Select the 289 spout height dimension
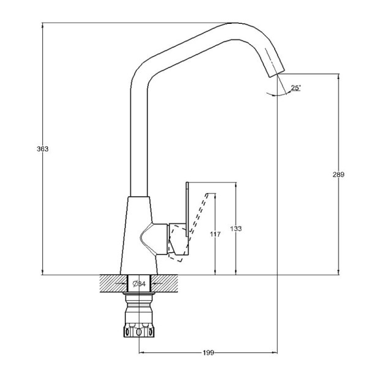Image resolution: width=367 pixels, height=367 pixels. point(338,174)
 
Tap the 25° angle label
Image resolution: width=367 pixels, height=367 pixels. point(295,88)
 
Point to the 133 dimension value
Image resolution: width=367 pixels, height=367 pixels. point(236,229)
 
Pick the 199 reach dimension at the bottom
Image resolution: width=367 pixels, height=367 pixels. point(208,353)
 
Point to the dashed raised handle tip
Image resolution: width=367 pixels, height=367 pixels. point(213,195)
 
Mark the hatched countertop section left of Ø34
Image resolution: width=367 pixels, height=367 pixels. point(111,284)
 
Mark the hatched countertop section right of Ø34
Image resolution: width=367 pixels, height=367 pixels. point(166,284)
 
